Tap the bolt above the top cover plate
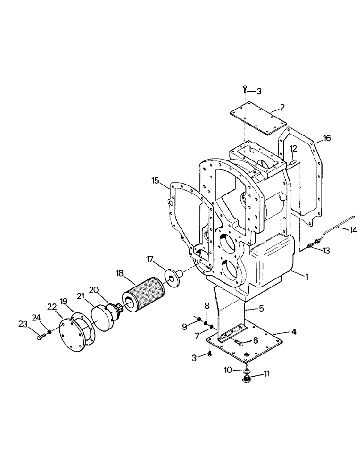[x=246, y=89]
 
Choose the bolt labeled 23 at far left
[x=41, y=336]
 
